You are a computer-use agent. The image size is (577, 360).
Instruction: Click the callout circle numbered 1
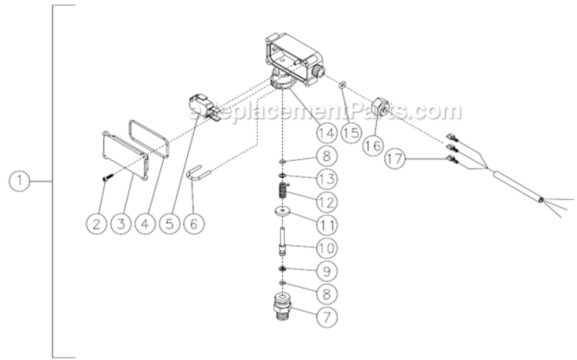[20, 181]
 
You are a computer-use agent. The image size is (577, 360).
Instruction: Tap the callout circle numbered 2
[96, 224]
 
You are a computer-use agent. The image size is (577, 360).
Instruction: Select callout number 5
[169, 224]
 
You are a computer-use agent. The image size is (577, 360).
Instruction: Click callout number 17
[395, 159]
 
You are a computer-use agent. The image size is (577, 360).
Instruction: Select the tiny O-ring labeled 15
[341, 85]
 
